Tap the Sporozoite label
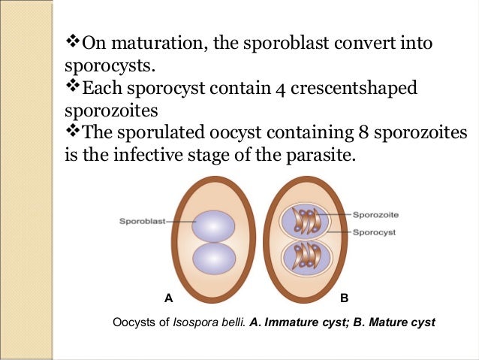point(373,214)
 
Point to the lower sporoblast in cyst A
point(214,258)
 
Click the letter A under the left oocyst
point(169,298)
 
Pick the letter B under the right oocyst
point(344,298)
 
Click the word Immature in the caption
point(294,323)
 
